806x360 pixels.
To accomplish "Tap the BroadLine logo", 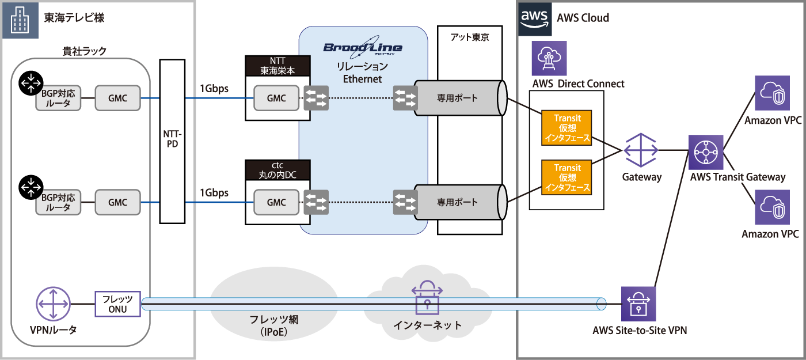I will (363, 48).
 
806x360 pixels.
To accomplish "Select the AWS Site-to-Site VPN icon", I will (639, 303).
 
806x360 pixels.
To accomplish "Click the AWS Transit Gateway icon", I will (706, 152).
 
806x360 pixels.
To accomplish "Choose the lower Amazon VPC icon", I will (772, 208).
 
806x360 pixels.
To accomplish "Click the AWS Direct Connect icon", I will (549, 58).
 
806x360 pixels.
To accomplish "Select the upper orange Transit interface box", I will (567, 128).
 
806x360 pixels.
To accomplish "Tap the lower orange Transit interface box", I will (567, 177).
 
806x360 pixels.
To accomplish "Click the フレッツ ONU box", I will (117, 304).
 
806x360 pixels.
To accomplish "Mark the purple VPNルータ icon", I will (53, 304).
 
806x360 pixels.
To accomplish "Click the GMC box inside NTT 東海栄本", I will (277, 98).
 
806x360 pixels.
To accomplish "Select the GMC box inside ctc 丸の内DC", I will (277, 202).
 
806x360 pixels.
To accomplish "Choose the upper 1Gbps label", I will (214, 89).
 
